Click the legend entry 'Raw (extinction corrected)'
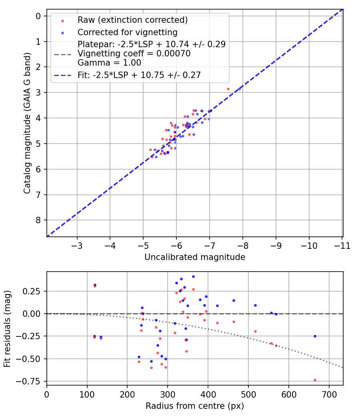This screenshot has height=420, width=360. point(132,20)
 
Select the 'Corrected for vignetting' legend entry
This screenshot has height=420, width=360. point(127,32)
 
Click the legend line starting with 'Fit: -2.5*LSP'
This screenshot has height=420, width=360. point(139,74)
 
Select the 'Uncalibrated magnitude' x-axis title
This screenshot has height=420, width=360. point(194,257)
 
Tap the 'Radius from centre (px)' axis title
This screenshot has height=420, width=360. point(194,406)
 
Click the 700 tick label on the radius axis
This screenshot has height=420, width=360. point(329,394)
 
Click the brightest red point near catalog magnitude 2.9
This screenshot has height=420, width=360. point(228,89)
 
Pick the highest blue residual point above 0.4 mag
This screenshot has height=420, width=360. point(193,276)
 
